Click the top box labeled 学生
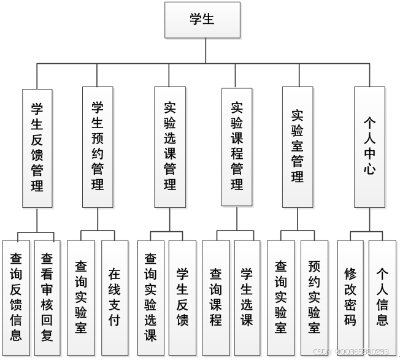click(x=201, y=20)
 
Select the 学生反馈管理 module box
click(x=37, y=147)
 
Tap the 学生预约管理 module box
click(x=98, y=147)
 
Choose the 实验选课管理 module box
click(x=170, y=147)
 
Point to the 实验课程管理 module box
click(x=237, y=147)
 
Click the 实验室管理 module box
click(x=298, y=147)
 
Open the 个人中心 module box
click(x=370, y=147)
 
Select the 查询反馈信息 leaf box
click(x=17, y=297)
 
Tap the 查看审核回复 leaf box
click(x=48, y=297)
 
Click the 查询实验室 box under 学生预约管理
click(x=81, y=297)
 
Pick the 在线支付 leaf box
click(x=114, y=297)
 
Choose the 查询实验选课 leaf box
click(x=151, y=297)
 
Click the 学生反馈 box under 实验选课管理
click(x=182, y=297)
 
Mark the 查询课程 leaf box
click(x=216, y=297)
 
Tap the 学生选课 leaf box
click(x=247, y=297)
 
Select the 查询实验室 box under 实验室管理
click(x=281, y=297)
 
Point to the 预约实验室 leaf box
click(x=314, y=297)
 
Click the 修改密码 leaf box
click(x=350, y=297)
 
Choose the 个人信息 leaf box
click(x=382, y=297)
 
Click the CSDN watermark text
click(x=351, y=352)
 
